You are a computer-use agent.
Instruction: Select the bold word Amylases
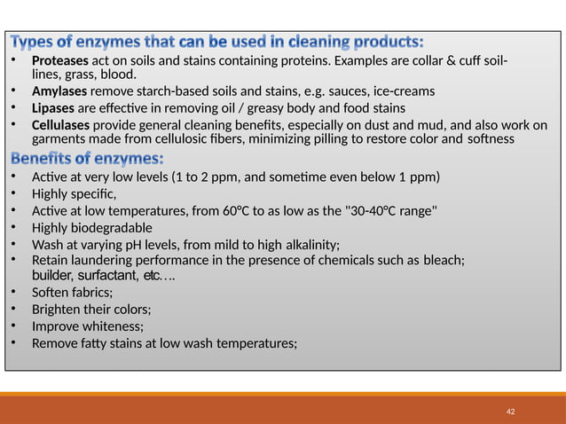pos(59,92)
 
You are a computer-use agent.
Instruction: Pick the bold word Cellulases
pos(60,125)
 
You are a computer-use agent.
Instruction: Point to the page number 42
pos(510,412)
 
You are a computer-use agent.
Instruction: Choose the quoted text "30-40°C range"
pos(388,210)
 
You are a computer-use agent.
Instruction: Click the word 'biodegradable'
pos(114,228)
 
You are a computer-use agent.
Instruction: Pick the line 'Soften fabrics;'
pos(72,293)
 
